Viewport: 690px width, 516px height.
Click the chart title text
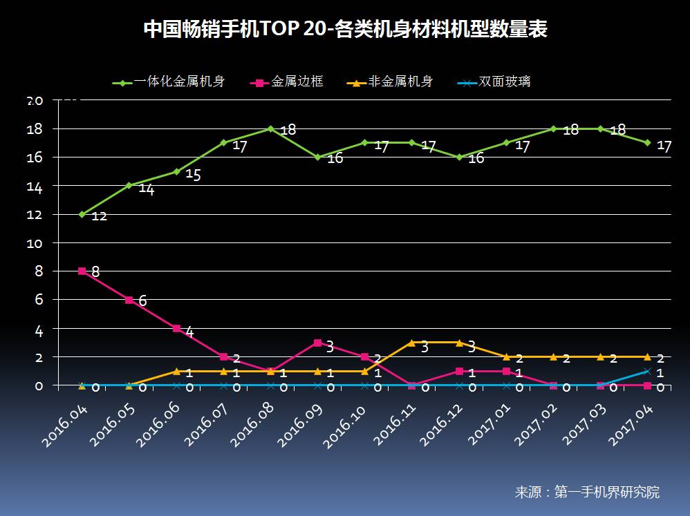click(345, 30)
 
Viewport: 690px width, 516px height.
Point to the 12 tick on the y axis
click(35, 215)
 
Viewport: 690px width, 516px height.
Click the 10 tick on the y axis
click(35, 243)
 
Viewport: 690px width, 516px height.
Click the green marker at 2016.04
click(82, 215)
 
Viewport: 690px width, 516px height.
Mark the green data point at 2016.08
click(270, 129)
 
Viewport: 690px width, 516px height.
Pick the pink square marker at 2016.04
click(82, 271)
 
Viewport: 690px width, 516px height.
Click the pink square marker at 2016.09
click(317, 343)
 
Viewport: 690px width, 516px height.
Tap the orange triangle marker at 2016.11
click(412, 343)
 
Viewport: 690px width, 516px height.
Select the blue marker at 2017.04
click(648, 371)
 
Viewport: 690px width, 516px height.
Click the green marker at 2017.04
click(648, 143)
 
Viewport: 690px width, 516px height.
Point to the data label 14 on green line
click(147, 189)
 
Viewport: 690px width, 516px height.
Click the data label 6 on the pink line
click(142, 301)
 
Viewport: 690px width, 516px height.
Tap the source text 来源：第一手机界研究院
click(587, 493)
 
